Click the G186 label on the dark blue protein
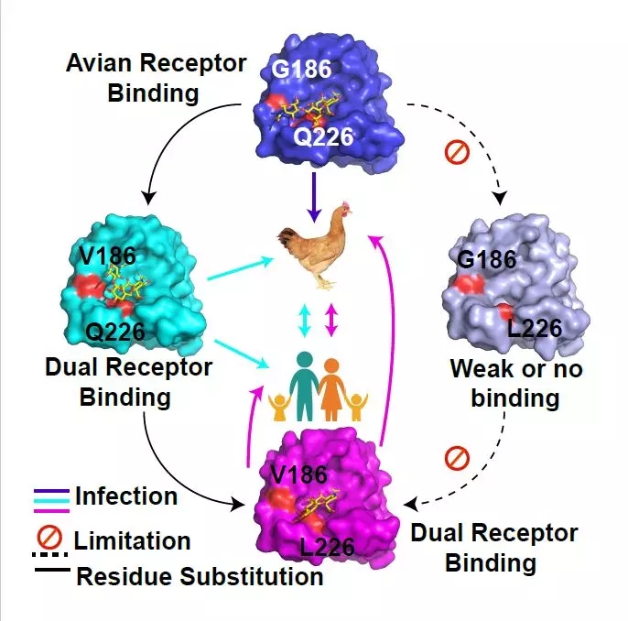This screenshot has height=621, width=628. click(x=301, y=69)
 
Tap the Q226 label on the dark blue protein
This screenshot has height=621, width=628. click(x=324, y=136)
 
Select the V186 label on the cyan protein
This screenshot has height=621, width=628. click(x=108, y=256)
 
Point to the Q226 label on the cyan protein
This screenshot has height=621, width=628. click(x=115, y=332)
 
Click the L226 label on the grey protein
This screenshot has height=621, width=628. click(x=535, y=328)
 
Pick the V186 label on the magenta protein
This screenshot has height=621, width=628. click(x=299, y=474)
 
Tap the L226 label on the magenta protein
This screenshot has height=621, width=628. click(x=327, y=548)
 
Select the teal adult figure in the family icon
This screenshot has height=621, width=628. click(x=304, y=386)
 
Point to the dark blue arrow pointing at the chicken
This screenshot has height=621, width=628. click(x=314, y=197)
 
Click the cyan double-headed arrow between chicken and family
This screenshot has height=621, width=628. click(x=305, y=321)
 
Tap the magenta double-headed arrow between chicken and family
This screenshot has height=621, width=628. click(x=331, y=320)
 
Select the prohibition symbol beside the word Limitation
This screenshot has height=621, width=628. click(x=49, y=538)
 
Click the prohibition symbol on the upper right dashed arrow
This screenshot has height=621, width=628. click(x=457, y=152)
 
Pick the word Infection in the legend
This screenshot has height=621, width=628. click(x=126, y=496)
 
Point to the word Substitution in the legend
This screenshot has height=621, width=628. click(x=251, y=576)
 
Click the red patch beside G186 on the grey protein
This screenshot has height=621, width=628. click(x=469, y=284)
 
